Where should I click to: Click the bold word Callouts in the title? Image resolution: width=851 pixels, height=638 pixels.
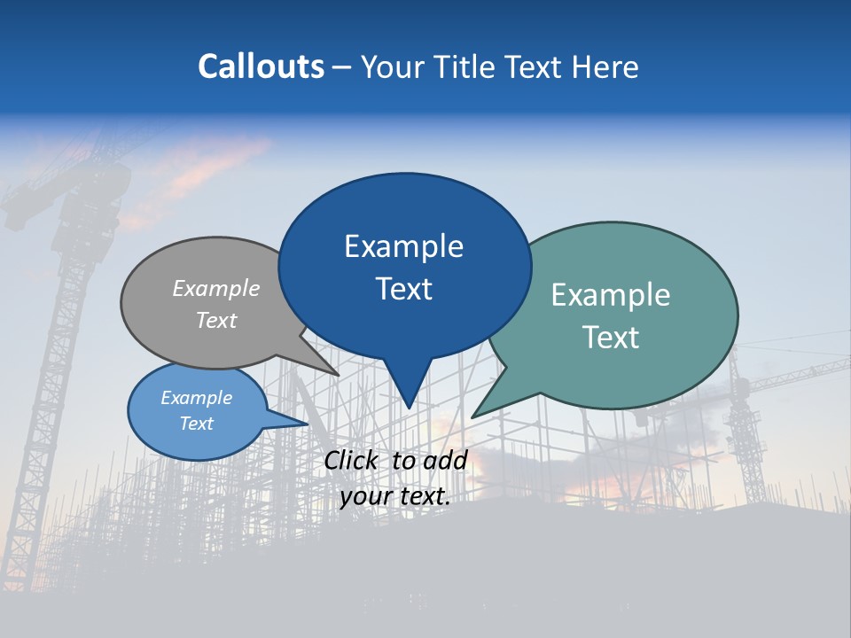tap(261, 66)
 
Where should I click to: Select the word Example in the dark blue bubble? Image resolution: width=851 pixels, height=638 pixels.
tap(403, 246)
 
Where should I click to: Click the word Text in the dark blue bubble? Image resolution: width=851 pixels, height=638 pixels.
tap(403, 289)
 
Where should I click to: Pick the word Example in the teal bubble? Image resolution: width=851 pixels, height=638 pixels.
tap(611, 295)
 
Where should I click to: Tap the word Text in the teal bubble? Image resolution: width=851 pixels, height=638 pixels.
tap(611, 338)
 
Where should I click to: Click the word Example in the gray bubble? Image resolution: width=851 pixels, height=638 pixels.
tap(216, 289)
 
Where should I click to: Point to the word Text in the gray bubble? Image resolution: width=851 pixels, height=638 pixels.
tap(216, 320)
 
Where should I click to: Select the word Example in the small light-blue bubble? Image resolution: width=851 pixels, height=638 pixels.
tap(196, 398)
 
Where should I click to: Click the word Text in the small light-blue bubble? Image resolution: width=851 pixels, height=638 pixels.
tap(196, 424)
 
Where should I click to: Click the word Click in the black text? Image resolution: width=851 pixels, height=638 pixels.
tap(352, 460)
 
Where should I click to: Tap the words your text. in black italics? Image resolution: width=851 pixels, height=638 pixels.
tap(395, 496)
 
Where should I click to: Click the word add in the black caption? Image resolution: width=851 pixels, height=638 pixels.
tap(445, 460)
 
